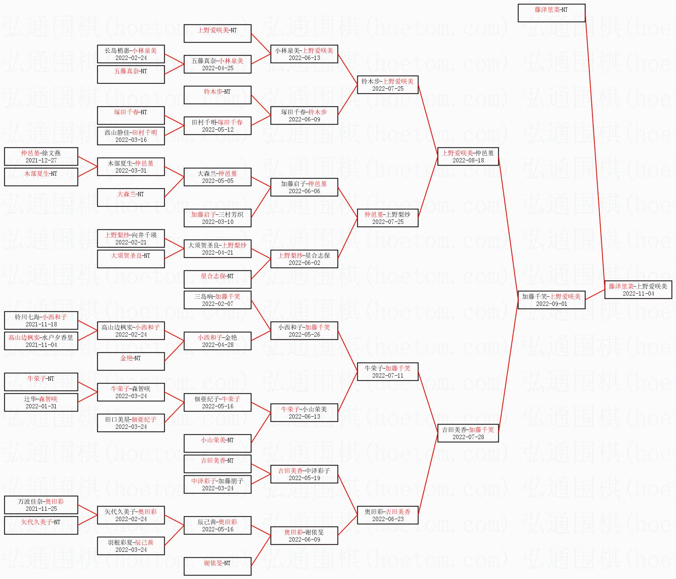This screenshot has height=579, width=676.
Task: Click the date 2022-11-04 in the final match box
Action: [x=638, y=294]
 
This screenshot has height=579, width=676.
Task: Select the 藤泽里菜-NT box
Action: [x=551, y=13]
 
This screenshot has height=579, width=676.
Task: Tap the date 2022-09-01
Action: [x=551, y=304]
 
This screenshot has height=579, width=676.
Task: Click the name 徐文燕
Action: [x=52, y=153]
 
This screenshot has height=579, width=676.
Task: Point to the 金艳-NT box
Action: [x=131, y=361]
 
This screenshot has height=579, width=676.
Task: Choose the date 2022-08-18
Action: [x=468, y=160]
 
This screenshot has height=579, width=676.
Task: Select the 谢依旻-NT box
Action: [x=217, y=566]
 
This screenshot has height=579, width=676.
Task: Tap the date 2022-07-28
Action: [x=468, y=437]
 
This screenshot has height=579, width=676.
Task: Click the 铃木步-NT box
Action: [x=217, y=95]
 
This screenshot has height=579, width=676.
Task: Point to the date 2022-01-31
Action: [x=41, y=406]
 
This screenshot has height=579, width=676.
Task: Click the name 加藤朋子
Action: [x=231, y=481]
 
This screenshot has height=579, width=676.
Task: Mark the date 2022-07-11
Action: [x=388, y=376]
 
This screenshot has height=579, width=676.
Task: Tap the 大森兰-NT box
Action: [x=131, y=197]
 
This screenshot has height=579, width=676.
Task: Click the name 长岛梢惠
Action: [x=117, y=50]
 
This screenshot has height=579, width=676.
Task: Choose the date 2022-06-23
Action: [x=388, y=519]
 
